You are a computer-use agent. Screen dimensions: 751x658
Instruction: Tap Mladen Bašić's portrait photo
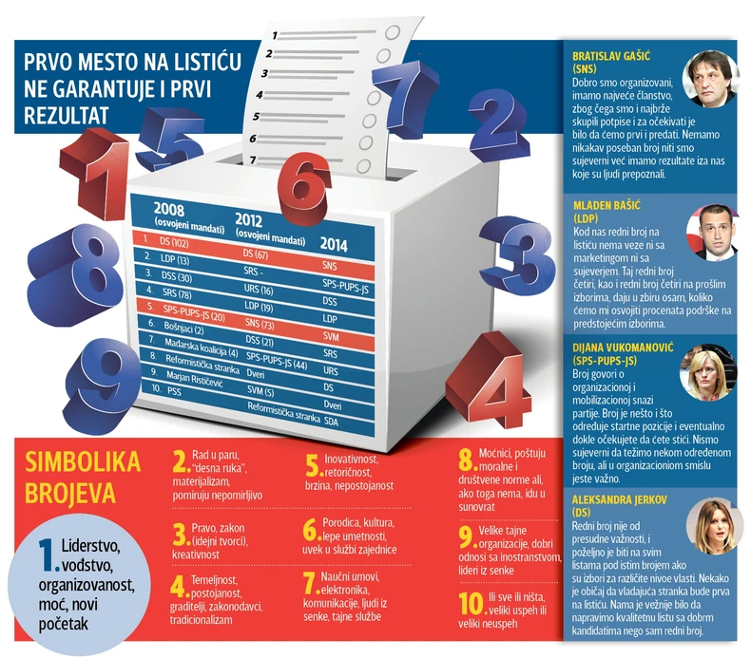[x=712, y=232]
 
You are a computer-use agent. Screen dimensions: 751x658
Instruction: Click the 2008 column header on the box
[x=168, y=210]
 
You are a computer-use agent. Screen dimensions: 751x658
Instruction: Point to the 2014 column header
[x=334, y=245]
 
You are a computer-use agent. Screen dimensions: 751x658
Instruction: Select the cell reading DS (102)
[x=174, y=243]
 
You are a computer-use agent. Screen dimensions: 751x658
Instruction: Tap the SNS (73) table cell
[x=260, y=324]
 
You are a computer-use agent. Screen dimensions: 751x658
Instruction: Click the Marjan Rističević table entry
[x=195, y=380]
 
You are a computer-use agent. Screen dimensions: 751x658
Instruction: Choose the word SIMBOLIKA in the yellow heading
[x=83, y=461]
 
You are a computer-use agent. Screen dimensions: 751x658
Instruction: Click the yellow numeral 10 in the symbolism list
[x=472, y=604]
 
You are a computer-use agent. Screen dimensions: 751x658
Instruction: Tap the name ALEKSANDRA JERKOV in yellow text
[x=619, y=499]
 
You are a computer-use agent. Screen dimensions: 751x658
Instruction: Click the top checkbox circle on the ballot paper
[x=393, y=32]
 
